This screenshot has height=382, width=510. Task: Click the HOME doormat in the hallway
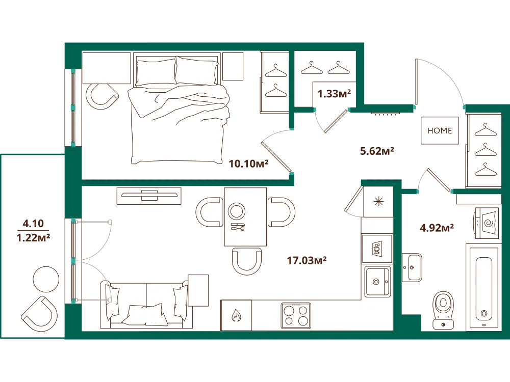[x=440, y=130]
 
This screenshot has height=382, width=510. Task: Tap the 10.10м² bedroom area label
[x=248, y=163]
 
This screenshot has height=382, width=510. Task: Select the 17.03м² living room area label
[x=307, y=260]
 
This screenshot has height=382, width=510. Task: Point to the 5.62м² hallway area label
[x=377, y=151]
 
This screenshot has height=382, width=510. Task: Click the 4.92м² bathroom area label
[x=437, y=228]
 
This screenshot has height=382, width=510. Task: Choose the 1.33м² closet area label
[x=334, y=94]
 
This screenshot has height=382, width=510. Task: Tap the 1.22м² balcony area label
[x=33, y=237]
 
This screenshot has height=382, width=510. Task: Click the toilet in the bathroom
[x=443, y=310]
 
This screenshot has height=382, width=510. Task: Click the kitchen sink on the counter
[x=377, y=282]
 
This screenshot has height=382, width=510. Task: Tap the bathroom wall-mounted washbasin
[x=412, y=267]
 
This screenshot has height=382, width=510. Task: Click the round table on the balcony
[x=46, y=279]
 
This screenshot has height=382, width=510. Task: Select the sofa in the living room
[x=144, y=305]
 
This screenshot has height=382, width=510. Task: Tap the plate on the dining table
[x=237, y=211]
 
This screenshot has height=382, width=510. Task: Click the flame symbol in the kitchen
[x=236, y=315]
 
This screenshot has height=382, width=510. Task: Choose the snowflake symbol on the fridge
[x=378, y=202]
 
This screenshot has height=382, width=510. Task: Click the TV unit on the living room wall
[x=149, y=196]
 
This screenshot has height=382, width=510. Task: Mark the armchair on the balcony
[x=40, y=314]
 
